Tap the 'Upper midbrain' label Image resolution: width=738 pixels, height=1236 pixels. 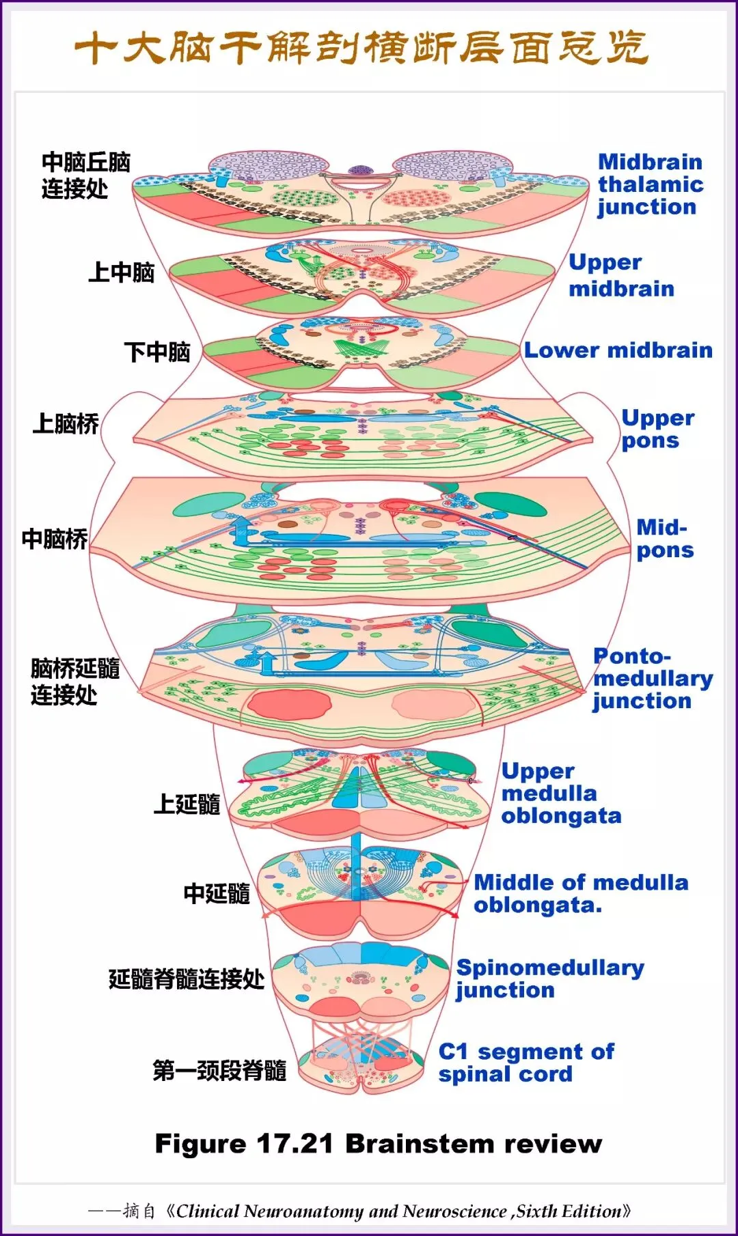(620, 275)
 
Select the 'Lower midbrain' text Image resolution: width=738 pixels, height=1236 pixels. (618, 350)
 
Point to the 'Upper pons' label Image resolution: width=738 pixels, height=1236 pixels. (657, 429)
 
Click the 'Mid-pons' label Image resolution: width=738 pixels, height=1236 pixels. (664, 538)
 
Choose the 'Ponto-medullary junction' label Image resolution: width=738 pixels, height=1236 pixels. (652, 678)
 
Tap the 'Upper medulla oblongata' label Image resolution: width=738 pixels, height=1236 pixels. (560, 793)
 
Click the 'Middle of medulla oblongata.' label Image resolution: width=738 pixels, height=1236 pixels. (580, 893)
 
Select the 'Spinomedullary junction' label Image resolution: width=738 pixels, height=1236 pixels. (549, 979)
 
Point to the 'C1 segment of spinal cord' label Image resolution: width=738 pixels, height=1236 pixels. (525, 1063)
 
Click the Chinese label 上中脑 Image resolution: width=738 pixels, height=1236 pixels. (121, 272)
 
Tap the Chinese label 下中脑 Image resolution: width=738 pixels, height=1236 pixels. (156, 352)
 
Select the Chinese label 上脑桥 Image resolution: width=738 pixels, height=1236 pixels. (66, 424)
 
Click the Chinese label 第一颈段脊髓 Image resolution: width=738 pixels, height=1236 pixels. (219, 1070)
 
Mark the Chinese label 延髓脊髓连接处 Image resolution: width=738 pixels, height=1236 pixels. (186, 979)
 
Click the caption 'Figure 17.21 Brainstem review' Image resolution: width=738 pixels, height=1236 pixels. (378, 1143)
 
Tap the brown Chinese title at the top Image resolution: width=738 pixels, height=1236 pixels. (361, 48)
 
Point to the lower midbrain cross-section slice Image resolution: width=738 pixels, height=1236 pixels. (361, 352)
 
